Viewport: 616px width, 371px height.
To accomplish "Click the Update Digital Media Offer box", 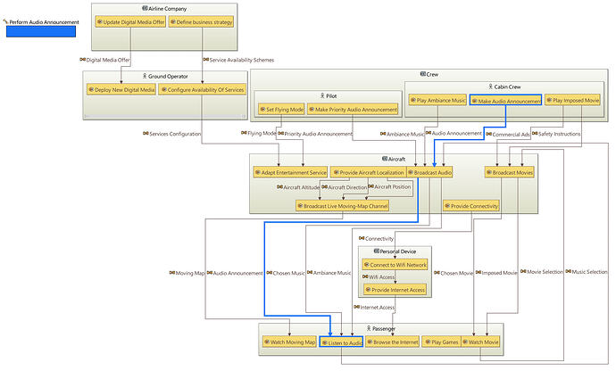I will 129,22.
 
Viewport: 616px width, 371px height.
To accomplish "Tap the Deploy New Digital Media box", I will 122,90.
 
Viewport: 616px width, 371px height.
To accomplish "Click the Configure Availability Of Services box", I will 202,90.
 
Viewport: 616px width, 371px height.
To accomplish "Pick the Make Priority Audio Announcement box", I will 354,110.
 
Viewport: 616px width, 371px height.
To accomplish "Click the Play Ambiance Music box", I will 437,101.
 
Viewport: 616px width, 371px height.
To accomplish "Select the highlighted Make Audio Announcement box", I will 505,101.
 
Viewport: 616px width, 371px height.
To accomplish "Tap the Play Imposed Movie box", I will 572,101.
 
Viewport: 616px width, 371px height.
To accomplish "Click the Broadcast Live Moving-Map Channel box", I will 344,205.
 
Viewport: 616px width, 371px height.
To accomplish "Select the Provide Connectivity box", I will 470,205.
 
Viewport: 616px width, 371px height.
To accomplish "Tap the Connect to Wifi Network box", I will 394,265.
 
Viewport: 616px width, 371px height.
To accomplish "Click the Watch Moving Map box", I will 288,342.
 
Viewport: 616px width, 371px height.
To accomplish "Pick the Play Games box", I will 440,342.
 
